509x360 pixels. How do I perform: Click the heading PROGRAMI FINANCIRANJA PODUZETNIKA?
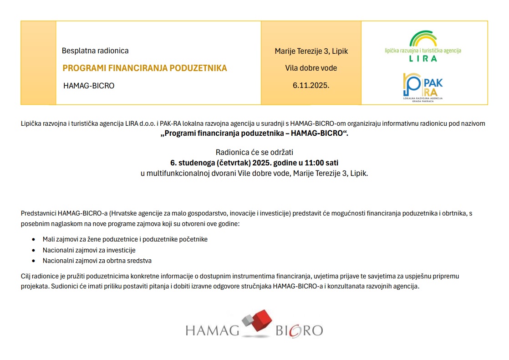pyautogui.click(x=144, y=68)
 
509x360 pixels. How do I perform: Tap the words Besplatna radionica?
pyautogui.click(x=95, y=51)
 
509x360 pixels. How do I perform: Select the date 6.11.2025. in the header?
pyautogui.click(x=311, y=85)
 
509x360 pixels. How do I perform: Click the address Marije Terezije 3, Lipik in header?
pyautogui.click(x=311, y=51)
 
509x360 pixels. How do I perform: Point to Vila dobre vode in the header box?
pyautogui.click(x=311, y=68)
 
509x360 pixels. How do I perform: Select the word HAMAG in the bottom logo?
pyautogui.click(x=212, y=330)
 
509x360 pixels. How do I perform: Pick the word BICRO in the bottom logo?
pyautogui.click(x=299, y=330)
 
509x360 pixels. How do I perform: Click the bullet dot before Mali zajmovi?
pyautogui.click(x=33, y=239)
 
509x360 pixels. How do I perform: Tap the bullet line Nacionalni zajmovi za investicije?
pyautogui.click(x=89, y=250)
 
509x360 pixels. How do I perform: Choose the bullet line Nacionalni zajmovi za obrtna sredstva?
pyautogui.click(x=97, y=261)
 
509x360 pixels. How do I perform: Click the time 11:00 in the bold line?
pyautogui.click(x=313, y=163)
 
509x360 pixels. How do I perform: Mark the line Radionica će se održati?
pyautogui.click(x=254, y=152)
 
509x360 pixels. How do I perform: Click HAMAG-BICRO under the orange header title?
pyautogui.click(x=89, y=86)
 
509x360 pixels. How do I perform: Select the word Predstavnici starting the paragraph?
pyautogui.click(x=38, y=213)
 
